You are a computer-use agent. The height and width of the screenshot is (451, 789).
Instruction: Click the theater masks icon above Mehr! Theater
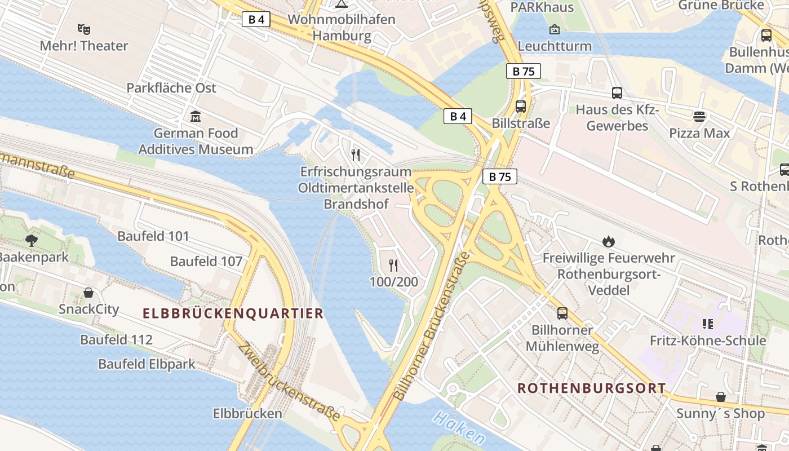click(x=84, y=29)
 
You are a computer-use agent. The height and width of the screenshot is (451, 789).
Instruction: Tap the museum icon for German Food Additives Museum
click(x=196, y=117)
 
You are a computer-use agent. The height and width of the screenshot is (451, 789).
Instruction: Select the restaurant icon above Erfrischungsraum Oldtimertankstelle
click(x=356, y=154)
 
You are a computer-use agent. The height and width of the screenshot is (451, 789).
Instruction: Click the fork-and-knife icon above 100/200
click(x=393, y=265)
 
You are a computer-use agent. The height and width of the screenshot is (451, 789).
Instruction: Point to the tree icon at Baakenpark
click(x=32, y=241)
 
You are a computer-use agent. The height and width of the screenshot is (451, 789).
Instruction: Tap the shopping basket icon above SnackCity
click(x=88, y=293)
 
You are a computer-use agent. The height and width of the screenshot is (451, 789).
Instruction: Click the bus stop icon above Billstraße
click(x=521, y=106)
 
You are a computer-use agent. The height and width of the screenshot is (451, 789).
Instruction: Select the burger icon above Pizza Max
click(x=699, y=117)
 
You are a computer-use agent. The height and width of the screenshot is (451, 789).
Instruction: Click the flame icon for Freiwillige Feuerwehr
click(x=608, y=241)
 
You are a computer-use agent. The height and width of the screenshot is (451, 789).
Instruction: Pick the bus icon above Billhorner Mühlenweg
click(x=562, y=313)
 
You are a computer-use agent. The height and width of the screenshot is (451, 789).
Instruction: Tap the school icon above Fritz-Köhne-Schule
click(x=708, y=324)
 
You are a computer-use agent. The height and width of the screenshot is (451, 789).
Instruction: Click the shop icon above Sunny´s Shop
click(x=720, y=397)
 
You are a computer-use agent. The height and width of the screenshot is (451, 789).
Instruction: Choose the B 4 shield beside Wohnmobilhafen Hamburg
click(x=256, y=20)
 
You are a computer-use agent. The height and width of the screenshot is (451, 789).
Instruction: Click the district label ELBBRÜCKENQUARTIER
click(x=233, y=313)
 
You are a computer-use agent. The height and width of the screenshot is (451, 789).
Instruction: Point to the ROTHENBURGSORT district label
click(x=592, y=388)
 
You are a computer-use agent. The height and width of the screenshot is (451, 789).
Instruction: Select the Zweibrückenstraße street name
click(x=289, y=382)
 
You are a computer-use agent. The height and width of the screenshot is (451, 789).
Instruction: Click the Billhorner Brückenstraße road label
click(x=431, y=327)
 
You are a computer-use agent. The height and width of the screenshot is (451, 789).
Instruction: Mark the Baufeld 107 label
click(x=206, y=262)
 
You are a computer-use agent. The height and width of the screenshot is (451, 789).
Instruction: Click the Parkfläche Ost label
click(x=171, y=88)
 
